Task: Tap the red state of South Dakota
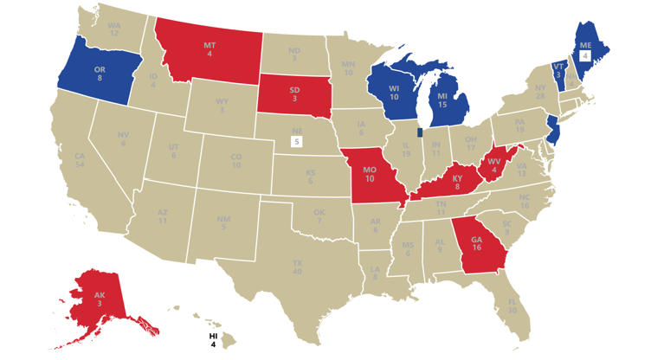coord(294,93)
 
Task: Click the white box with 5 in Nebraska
coord(297,141)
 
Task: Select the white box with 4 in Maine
coord(585,55)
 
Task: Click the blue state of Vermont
coord(558,72)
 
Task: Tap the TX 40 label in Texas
coord(298,266)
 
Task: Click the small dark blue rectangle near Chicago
coord(419,132)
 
